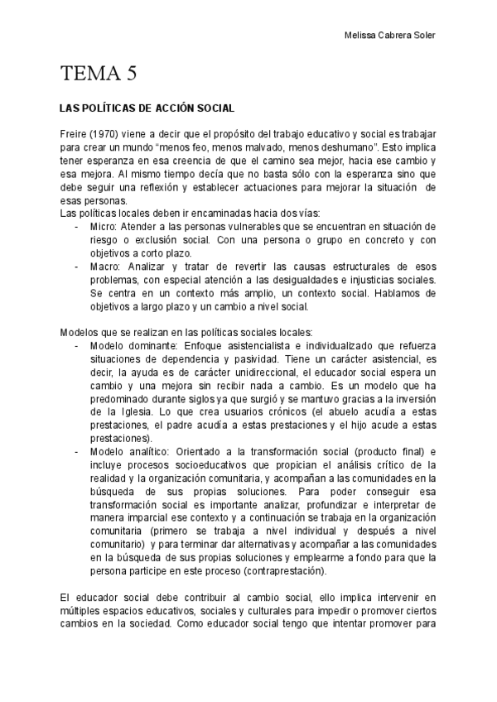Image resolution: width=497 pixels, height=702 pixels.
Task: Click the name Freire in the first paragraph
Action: click(x=73, y=134)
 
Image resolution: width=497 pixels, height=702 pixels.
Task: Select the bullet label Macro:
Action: click(x=105, y=266)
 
